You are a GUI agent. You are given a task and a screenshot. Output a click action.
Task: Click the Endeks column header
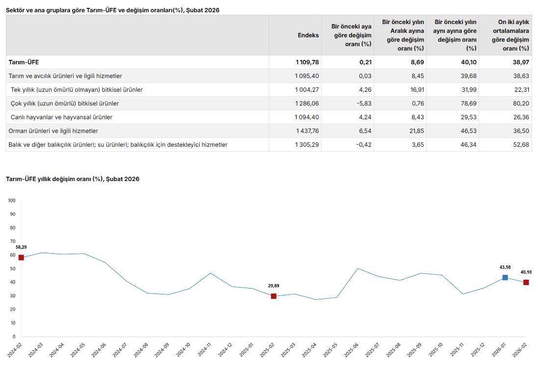[308, 35]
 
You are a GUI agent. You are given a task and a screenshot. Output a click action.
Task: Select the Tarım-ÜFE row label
[24, 62]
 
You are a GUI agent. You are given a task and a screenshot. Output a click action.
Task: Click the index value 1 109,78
[307, 62]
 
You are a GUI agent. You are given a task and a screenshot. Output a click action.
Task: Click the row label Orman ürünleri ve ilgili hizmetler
[53, 131]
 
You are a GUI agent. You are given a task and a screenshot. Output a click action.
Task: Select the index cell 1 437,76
[307, 131]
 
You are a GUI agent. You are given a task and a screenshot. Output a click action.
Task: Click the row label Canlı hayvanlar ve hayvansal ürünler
[61, 117]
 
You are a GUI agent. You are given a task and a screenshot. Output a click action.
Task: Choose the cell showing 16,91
[415, 90]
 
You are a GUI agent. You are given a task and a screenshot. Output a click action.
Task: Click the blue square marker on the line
[505, 278]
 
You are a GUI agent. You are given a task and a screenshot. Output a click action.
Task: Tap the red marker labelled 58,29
[21, 258]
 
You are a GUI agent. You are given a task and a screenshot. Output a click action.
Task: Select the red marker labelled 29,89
[274, 296]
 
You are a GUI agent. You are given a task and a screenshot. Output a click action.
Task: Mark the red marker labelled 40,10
[526, 283]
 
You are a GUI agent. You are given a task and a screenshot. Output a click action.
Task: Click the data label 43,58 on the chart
[505, 267]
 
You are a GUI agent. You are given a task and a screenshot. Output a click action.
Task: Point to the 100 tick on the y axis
[12, 201]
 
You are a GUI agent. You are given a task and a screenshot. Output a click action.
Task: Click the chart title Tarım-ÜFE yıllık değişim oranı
[73, 179]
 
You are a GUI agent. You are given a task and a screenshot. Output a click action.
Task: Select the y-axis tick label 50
[12, 269]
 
